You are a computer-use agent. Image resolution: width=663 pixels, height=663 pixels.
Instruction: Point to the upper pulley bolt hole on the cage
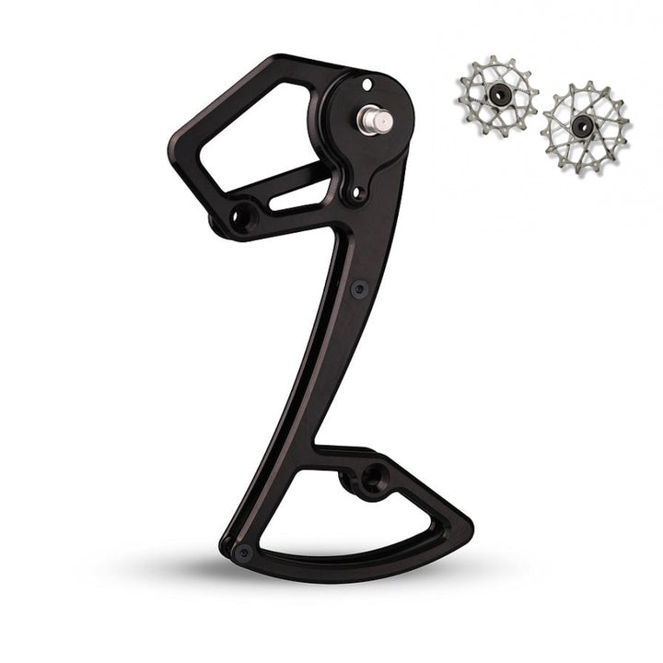[x=241, y=215]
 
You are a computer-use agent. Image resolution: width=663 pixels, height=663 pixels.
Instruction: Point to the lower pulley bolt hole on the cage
[x=372, y=478]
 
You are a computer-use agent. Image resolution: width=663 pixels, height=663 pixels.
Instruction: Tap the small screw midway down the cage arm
[x=360, y=287]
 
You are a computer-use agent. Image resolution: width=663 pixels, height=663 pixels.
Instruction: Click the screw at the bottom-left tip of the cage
[x=242, y=552]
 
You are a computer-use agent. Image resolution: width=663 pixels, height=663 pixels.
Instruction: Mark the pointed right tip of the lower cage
[x=468, y=532]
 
